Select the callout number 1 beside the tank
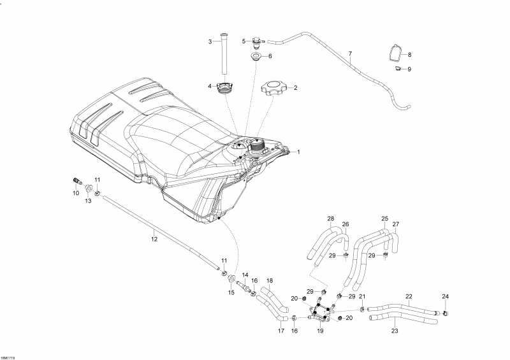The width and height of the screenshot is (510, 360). (298, 152)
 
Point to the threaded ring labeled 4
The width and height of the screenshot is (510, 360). (224, 88)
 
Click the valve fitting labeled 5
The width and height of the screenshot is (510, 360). (258, 42)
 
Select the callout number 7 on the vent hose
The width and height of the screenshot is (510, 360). (350, 54)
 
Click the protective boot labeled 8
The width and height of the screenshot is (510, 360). (396, 52)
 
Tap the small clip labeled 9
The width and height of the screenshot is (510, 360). (397, 68)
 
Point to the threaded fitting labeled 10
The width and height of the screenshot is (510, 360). (76, 181)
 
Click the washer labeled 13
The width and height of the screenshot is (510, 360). (89, 189)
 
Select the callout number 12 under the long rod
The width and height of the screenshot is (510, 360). (154, 240)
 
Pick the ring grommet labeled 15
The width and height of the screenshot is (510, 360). (232, 278)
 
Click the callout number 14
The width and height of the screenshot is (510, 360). (245, 275)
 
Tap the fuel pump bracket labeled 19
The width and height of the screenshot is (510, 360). (321, 312)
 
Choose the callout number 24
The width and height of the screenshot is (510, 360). (445, 296)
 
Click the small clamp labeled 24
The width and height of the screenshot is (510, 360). (445, 313)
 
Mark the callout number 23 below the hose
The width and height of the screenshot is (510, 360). (395, 331)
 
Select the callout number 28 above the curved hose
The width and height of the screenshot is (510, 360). (331, 219)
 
